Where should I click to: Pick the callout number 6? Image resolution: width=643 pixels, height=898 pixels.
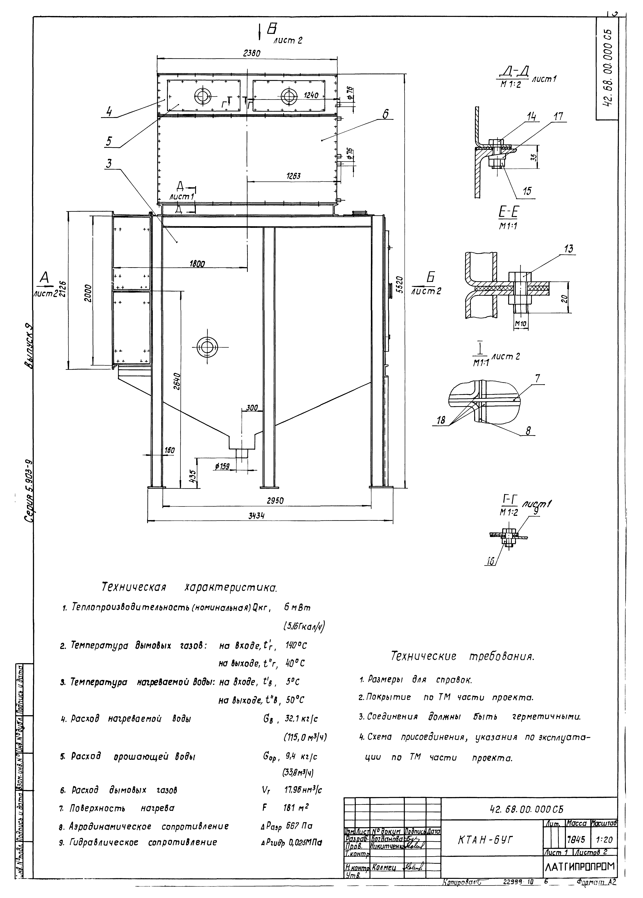tap(385, 114)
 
